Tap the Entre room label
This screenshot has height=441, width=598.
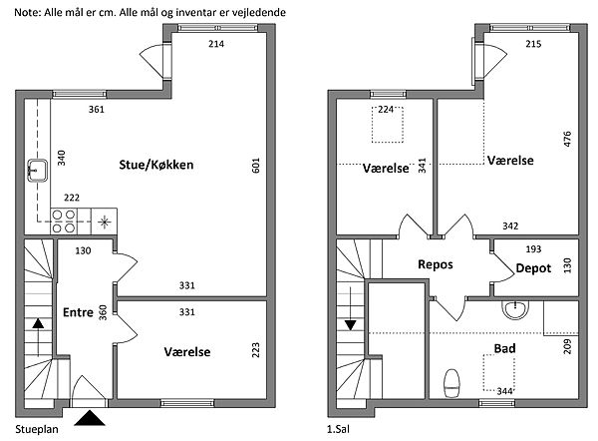click(78, 312)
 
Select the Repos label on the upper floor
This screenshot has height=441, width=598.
click(436, 265)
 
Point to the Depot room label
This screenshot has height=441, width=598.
click(534, 268)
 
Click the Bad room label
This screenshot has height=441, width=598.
click(504, 348)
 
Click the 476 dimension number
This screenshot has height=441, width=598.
click(567, 139)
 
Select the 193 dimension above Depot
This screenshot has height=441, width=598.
click(533, 247)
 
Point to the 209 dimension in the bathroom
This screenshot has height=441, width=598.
click(568, 348)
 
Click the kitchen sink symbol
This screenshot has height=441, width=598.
click(38, 170)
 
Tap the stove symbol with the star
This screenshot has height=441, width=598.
click(106, 220)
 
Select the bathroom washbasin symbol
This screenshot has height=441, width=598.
click(516, 308)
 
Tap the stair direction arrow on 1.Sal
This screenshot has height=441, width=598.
click(351, 323)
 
